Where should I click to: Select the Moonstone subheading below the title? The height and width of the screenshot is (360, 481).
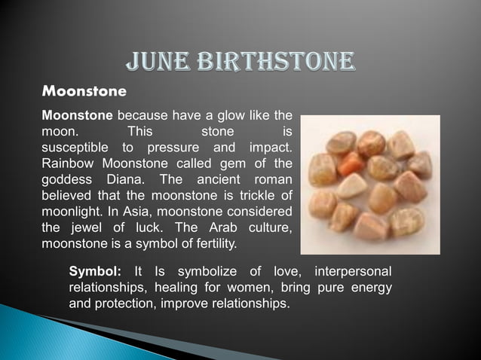click(x=84, y=92)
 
